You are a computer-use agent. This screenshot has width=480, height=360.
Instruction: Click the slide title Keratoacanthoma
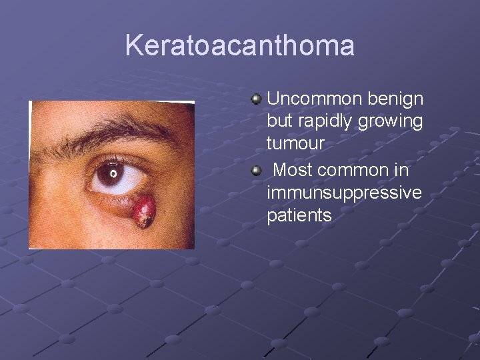tap(239, 46)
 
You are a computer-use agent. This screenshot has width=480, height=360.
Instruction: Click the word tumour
tap(295, 143)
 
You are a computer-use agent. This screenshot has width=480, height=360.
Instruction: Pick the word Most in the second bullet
tap(293, 170)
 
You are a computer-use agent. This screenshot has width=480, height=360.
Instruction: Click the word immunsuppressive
tap(344, 193)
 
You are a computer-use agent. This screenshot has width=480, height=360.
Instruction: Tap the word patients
tap(299, 216)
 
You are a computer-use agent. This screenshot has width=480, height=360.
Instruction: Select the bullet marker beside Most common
tap(257, 172)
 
